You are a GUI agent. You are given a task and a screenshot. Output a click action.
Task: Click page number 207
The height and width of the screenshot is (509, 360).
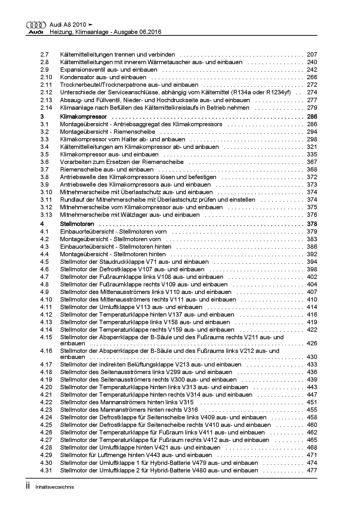pyautogui.click(x=312, y=55)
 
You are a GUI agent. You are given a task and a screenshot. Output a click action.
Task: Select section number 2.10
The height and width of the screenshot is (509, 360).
pyautogui.click(x=46, y=77)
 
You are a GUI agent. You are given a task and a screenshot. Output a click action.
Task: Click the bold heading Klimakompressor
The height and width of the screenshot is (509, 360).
pyautogui.click(x=83, y=117)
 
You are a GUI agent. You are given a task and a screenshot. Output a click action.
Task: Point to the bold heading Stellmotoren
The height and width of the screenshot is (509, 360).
pyautogui.click(x=77, y=224)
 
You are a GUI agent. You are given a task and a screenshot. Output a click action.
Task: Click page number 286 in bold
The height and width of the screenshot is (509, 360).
pyautogui.click(x=312, y=117)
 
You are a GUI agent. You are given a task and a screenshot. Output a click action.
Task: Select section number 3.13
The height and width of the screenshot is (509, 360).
pyautogui.click(x=46, y=215)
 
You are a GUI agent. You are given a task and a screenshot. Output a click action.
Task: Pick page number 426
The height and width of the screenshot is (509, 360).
pyautogui.click(x=312, y=343)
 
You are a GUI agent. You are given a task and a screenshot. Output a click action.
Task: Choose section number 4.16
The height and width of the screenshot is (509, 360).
pyautogui.click(x=46, y=351)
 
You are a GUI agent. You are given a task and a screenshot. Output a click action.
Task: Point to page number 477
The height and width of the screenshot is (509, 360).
pyautogui.click(x=312, y=470)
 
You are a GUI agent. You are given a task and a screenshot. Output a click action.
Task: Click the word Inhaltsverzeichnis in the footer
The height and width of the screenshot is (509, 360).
pyautogui.click(x=55, y=487)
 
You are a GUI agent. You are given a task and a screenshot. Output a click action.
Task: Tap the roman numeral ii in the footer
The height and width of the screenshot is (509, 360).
pyautogui.click(x=28, y=486)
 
